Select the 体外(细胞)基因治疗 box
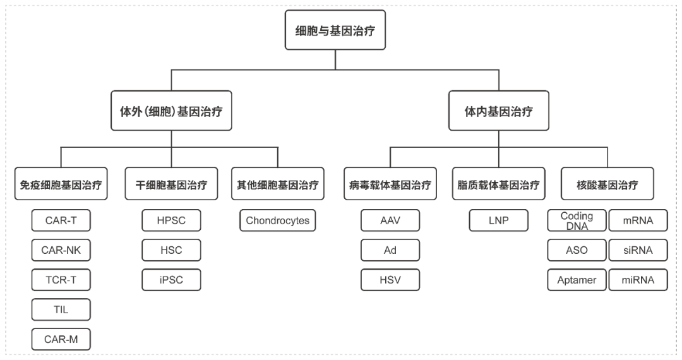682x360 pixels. point(171,112)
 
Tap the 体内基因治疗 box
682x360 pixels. point(498,112)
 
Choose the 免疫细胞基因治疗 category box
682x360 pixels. point(61,186)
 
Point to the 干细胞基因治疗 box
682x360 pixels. point(170,186)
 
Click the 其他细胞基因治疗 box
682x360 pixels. point(278,186)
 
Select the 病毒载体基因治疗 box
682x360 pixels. point(390,186)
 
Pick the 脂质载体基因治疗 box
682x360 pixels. point(498,186)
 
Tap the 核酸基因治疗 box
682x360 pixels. point(607,186)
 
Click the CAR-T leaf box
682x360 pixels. point(61,221)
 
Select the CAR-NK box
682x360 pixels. point(61,251)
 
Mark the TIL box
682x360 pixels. point(61,309)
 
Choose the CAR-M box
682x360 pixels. point(61,339)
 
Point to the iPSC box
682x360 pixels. point(170,280)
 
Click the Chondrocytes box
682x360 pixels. point(278,221)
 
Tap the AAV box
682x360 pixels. point(390,221)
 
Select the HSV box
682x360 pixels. point(390,280)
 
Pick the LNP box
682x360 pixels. point(498,221)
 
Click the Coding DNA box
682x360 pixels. point(577,221)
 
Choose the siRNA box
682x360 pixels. point(637,251)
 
